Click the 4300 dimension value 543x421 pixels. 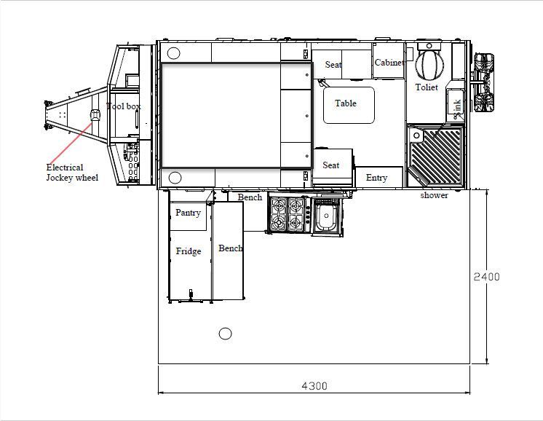tap(314, 386)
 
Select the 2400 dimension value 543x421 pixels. tap(486, 277)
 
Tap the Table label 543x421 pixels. tap(346, 103)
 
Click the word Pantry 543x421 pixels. tap(188, 213)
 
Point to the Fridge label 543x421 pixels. tap(189, 251)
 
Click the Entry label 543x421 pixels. tap(376, 178)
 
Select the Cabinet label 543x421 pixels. tap(389, 63)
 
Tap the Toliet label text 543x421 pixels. tap(427, 87)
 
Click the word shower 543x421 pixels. tap(434, 195)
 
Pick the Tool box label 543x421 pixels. tap(124, 106)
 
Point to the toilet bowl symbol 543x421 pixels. tap(429, 64)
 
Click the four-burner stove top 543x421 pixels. tap(287, 215)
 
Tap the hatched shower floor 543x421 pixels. tap(436, 154)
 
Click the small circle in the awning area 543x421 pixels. tap(225, 334)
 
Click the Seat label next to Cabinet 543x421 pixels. tap(333, 65)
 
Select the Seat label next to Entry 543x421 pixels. tap(331, 165)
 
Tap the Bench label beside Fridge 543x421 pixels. tap(231, 248)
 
